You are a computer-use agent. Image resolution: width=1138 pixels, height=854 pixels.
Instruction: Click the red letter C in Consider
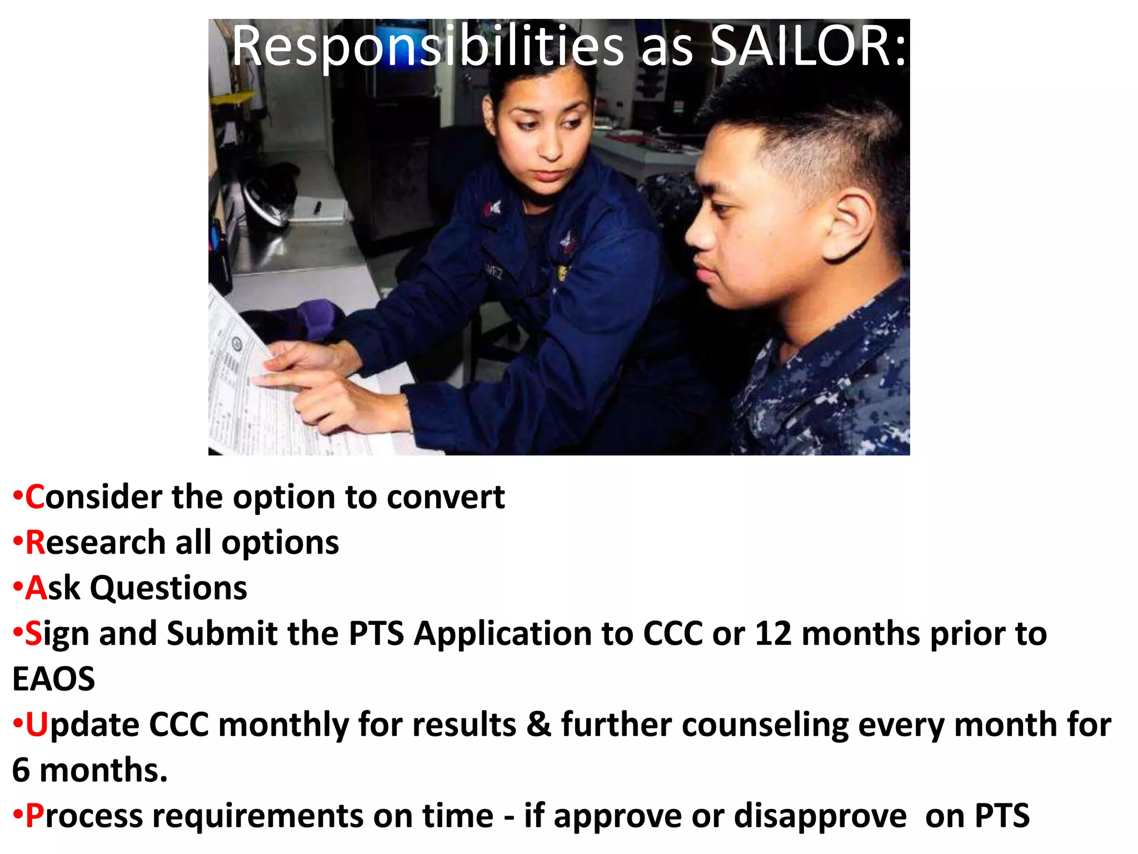click(x=34, y=496)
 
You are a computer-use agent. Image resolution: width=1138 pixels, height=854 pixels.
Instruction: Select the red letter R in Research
click(x=35, y=542)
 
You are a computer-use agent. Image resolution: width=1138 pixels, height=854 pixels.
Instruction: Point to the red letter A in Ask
click(x=36, y=588)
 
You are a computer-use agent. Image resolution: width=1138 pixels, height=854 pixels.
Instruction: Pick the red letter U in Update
click(x=37, y=724)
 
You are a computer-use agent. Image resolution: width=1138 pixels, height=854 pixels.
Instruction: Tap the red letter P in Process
click(x=34, y=816)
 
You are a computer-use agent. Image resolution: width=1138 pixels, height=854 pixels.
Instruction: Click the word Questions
click(x=168, y=588)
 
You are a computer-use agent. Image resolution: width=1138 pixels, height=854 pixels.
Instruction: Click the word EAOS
click(x=53, y=679)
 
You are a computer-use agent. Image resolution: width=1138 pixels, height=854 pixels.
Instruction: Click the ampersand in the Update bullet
click(x=538, y=724)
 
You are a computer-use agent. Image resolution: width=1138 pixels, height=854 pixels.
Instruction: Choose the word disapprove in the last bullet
click(x=820, y=817)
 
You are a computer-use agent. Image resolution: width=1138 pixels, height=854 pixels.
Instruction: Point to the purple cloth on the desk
click(x=317, y=317)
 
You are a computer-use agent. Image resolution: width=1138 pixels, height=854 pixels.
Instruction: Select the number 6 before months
click(x=21, y=770)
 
